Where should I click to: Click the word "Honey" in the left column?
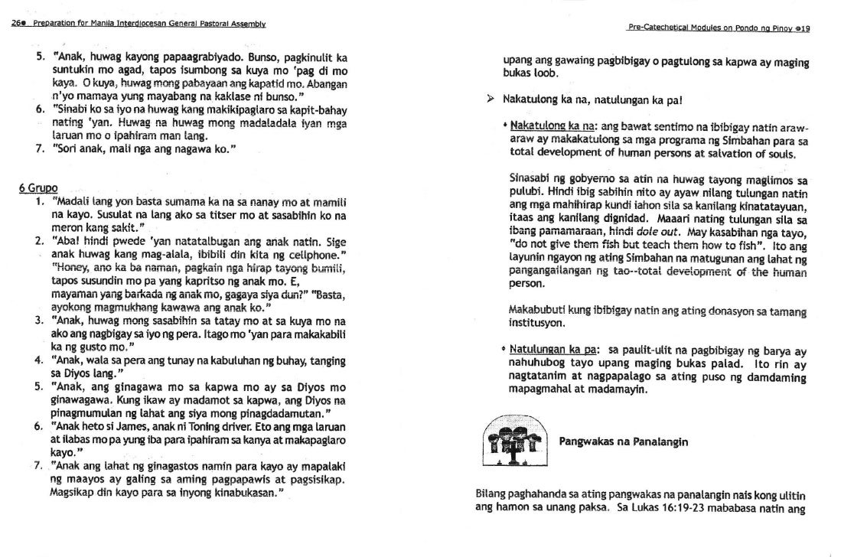[67, 267]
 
